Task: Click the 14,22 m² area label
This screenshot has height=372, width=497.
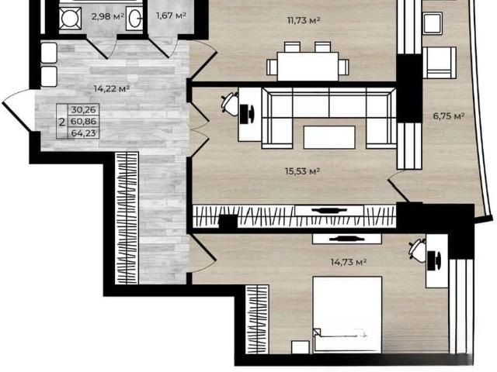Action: pos(112,88)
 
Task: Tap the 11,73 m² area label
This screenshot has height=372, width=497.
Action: pos(304,21)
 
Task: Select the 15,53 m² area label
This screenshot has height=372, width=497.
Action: pos(302,171)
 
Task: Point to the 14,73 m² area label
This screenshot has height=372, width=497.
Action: pos(349,262)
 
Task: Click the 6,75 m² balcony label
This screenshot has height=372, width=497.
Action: pos(449,116)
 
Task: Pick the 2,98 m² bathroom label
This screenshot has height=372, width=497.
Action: pos(107,16)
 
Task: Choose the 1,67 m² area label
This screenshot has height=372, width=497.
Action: pos(171,15)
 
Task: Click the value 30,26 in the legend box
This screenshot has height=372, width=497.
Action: pos(83,110)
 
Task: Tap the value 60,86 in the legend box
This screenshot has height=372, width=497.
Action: pos(83,122)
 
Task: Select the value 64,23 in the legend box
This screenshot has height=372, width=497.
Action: pos(83,133)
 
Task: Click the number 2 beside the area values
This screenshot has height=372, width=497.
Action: pos(62,122)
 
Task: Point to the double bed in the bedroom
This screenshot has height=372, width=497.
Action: pos(347,315)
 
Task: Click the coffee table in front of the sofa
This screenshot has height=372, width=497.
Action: pos(329,137)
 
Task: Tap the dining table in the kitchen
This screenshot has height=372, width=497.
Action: pos(308,66)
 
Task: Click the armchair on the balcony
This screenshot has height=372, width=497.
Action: pos(440,63)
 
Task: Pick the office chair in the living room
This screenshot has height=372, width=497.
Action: pos(230,102)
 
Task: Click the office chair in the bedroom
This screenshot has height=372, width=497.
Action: pos(418,250)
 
